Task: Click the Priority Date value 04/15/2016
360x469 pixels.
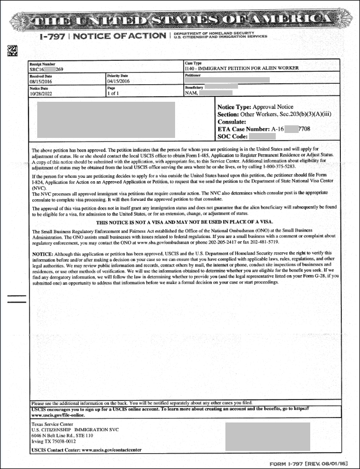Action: tap(118, 81)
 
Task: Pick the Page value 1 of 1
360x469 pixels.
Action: tap(115, 93)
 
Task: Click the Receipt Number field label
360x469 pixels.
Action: tap(43, 64)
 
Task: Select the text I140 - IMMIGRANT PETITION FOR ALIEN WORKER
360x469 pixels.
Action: tap(242, 69)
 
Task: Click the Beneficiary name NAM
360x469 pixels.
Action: tap(190, 93)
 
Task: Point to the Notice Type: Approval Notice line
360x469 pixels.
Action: tap(255, 107)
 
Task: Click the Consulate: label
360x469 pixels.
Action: tap(233, 121)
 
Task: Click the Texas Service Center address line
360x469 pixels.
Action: tap(53, 424)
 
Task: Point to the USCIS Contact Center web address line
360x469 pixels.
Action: tap(86, 449)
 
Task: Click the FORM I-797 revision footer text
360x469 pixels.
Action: tap(309, 463)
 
